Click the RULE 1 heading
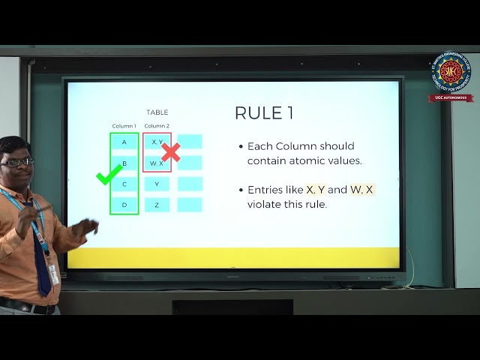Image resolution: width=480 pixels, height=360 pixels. tap(264, 113)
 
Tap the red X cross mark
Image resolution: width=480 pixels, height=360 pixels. tap(171, 152)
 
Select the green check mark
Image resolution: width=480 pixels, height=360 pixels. tap(109, 177)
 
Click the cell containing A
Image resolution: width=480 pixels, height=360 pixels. tap(124, 142)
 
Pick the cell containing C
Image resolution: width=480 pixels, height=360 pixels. tap(124, 184)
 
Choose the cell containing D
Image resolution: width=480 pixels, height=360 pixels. tap(124, 204)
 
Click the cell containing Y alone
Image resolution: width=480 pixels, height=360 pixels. tap(157, 184)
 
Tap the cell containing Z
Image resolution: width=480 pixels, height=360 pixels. tap(157, 204)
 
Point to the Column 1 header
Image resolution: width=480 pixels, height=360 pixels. tap(124, 126)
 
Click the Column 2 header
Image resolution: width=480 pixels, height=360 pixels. tap(157, 126)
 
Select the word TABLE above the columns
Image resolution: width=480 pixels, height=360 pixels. tap(157, 112)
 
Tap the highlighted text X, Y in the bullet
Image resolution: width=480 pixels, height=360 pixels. tap(315, 190)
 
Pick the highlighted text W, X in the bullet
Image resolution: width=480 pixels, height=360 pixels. tap(361, 190)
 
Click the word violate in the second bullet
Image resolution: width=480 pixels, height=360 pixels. tap(263, 204)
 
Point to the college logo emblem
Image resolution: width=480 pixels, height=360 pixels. tap(451, 73)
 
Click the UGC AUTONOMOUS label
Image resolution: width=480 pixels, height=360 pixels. tap(451, 97)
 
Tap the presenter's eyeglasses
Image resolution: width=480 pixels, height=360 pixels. tap(18, 161)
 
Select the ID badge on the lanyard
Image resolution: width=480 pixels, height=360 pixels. tap(53, 274)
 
